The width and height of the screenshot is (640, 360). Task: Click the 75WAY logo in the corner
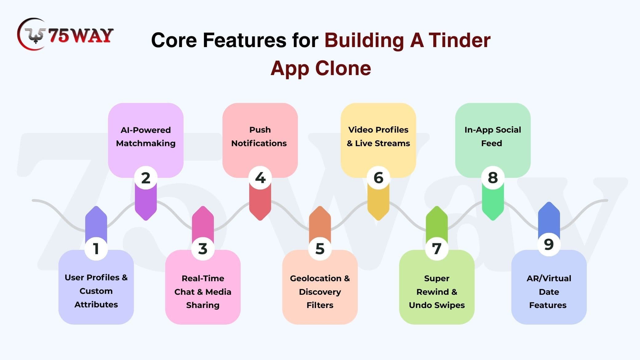coord(65,34)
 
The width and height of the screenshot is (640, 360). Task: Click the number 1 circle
coord(96,249)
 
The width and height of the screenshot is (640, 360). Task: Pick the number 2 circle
coord(146,178)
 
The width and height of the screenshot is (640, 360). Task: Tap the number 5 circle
coord(320,249)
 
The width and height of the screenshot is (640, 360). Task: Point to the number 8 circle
coord(493,178)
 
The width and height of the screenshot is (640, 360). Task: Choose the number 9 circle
coord(549,245)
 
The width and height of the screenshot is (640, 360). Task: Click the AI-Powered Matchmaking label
coord(146,137)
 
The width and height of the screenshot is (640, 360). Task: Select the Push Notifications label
coord(259,137)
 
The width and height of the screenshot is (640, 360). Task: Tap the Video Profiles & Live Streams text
coord(378,137)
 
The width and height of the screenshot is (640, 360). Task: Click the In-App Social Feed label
coord(493,137)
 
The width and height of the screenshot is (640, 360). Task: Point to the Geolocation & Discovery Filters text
coord(320,292)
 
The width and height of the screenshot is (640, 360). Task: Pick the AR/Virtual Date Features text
coord(549,292)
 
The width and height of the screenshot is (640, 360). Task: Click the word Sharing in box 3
coord(203,305)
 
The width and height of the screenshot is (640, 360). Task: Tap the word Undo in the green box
coord(419,305)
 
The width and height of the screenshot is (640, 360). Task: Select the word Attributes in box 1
coord(96,305)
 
